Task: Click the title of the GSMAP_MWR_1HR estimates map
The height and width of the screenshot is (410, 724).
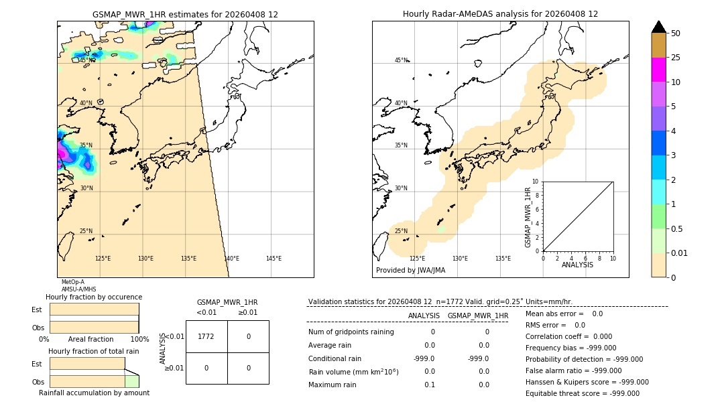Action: (185, 14)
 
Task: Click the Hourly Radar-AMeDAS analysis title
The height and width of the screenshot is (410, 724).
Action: (500, 14)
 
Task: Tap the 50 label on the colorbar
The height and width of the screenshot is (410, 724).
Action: (676, 33)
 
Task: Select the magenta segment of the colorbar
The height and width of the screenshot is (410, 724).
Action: (658, 70)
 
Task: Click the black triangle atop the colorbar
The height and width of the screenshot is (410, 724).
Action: (658, 27)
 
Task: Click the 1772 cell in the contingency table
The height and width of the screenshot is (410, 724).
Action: (206, 336)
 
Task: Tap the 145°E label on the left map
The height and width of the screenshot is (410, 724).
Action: (274, 259)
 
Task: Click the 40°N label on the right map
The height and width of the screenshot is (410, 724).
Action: (401, 103)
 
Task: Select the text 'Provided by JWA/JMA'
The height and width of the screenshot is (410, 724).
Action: (410, 270)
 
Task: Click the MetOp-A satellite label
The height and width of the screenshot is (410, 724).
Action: (72, 282)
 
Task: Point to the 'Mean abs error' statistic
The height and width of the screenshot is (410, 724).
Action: (564, 314)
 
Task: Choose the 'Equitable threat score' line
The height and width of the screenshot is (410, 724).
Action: (582, 393)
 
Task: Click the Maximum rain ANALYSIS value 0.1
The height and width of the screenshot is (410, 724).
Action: (429, 385)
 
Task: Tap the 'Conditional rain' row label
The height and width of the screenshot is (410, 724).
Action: (335, 358)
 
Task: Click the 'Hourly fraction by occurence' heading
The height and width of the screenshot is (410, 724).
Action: (94, 297)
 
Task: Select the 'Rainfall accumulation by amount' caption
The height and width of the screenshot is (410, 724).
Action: (94, 393)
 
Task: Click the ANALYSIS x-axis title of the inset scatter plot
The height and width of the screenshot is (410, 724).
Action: (577, 265)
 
